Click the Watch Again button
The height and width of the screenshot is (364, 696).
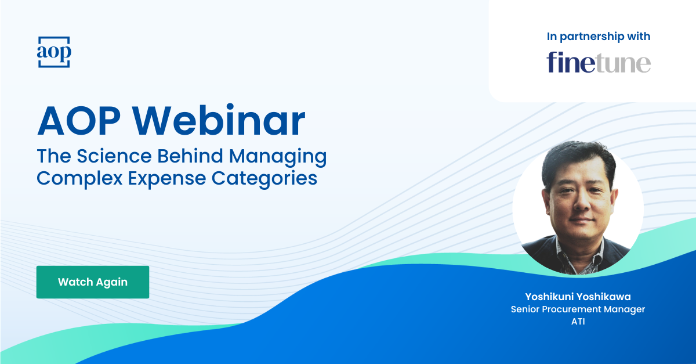pos(93,282)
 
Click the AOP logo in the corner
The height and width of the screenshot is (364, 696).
pos(53,52)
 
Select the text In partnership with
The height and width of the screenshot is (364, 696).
pos(599,37)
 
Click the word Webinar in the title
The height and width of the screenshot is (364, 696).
pos(223,121)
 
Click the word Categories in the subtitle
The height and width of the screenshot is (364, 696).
pos(269,177)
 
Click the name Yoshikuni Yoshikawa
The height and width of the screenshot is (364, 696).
pos(578,297)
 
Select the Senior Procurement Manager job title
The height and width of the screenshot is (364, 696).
pos(578,309)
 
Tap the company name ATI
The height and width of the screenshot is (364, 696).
pos(578,322)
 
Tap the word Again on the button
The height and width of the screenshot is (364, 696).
pos(111,282)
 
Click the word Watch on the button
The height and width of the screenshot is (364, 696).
pos(74,282)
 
